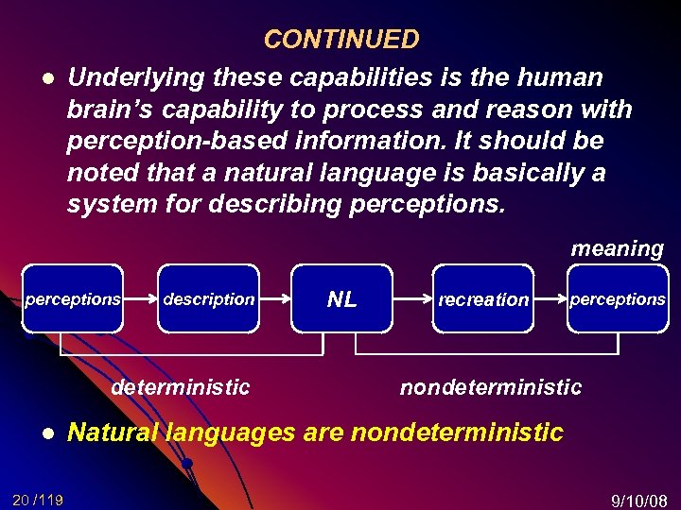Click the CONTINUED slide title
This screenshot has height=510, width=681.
[x=340, y=40]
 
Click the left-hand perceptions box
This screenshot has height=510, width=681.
[x=72, y=299]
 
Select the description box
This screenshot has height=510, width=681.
[x=208, y=299]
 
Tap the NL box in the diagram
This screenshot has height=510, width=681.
[x=342, y=299]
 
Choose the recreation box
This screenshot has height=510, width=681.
[x=482, y=299]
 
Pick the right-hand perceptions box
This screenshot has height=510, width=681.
[x=617, y=299]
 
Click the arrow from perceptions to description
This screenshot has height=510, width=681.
[x=140, y=299]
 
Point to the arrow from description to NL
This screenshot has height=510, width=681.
[x=276, y=299]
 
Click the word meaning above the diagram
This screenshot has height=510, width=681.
[x=617, y=249]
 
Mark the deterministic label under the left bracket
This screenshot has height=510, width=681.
[x=181, y=387]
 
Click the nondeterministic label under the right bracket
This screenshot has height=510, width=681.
[x=491, y=387]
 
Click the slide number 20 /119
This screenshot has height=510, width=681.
[x=38, y=500]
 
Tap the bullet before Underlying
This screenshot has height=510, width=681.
[x=45, y=77]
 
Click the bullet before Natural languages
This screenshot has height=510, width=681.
[x=45, y=433]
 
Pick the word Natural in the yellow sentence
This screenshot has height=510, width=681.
[x=113, y=433]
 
